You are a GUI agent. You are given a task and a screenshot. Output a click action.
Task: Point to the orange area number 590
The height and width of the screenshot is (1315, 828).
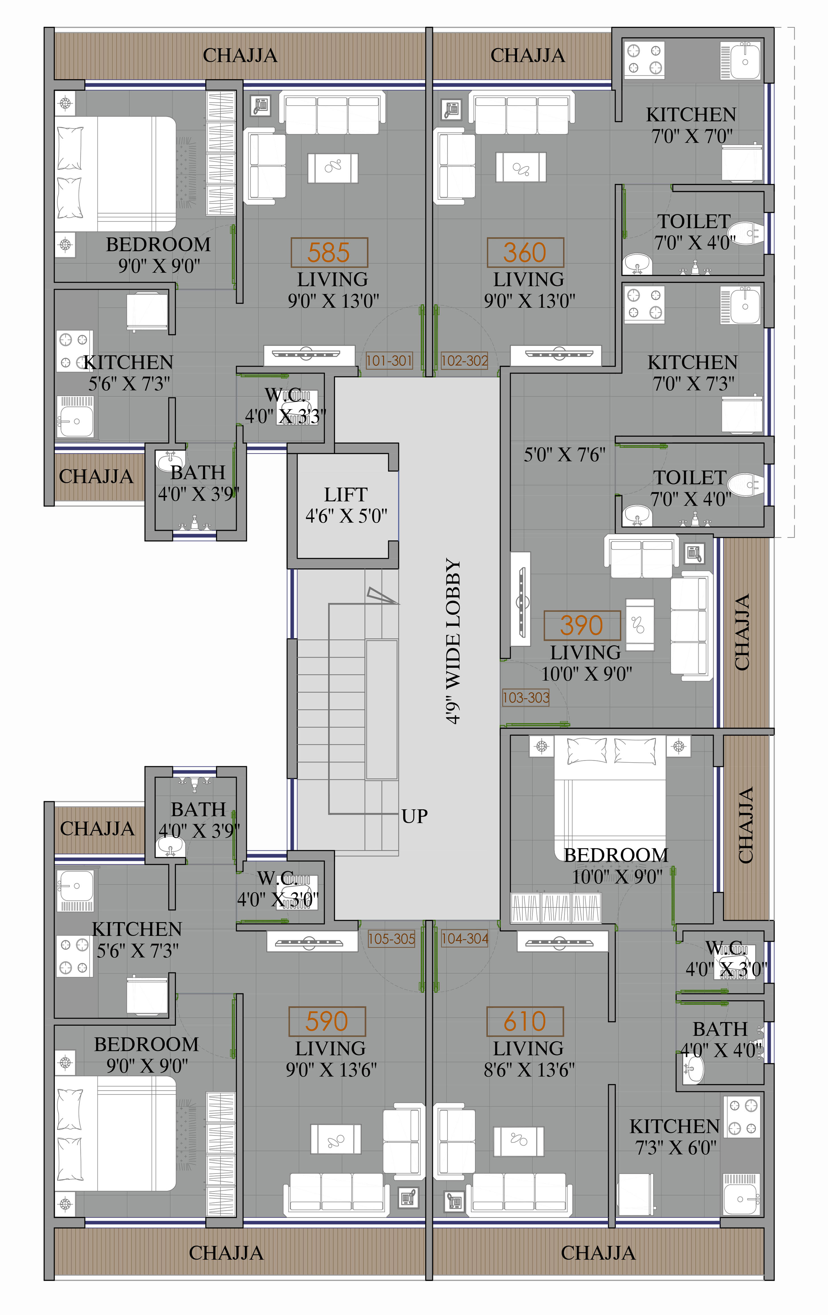pyautogui.click(x=327, y=1021)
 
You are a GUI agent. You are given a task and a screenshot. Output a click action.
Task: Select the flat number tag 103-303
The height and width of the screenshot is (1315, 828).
pyautogui.click(x=526, y=697)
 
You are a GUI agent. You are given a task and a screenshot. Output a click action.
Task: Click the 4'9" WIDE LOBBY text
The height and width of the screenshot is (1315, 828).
pyautogui.click(x=453, y=642)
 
